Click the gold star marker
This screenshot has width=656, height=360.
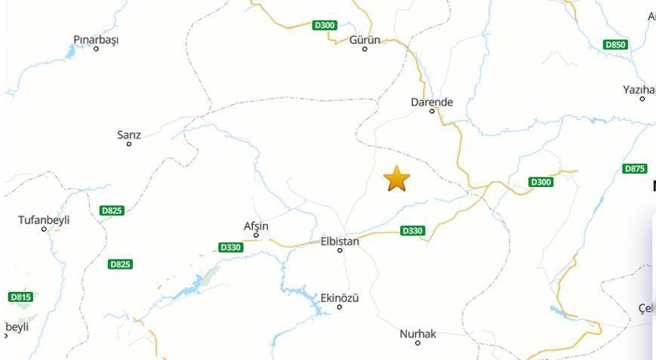396,179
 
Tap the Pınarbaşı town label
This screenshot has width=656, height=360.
96,39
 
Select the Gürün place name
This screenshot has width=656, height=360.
365,39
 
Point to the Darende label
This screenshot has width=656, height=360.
432,102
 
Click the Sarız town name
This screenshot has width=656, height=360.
129,135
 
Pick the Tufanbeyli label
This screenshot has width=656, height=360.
44,220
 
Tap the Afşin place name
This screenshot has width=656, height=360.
256,226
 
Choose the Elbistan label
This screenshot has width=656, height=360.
340,242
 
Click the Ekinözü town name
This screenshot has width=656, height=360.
340,298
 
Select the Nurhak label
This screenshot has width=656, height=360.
418,334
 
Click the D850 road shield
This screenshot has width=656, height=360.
616,45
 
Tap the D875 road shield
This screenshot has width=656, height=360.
635,168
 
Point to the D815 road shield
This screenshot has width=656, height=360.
21,297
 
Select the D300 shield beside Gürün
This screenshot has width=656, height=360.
324,25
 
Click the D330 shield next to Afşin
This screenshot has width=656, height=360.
230,248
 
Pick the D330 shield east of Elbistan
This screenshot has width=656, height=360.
412,230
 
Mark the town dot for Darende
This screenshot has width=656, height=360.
432,111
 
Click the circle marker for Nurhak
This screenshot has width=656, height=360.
418,343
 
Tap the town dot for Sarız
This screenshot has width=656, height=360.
129,143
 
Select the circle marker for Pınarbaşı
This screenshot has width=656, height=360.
96,49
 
